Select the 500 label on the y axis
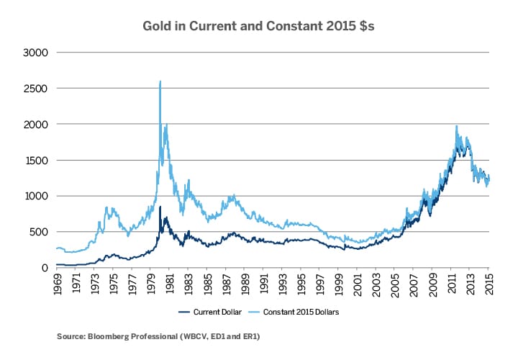click(x=39, y=232)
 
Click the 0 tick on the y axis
click(x=45, y=268)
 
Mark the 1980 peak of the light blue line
click(x=160, y=81)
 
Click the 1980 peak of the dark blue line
click(x=160, y=207)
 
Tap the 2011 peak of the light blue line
click(x=456, y=126)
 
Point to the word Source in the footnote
click(x=69, y=336)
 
